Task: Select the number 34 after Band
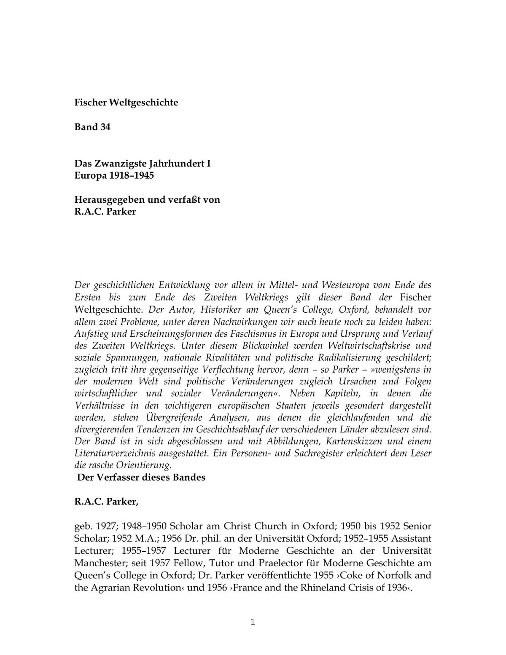pyautogui.click(x=105, y=127)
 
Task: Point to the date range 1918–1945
pyautogui.click(x=131, y=175)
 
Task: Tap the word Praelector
pyautogui.click(x=278, y=563)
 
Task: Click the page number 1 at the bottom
pyautogui.click(x=253, y=622)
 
